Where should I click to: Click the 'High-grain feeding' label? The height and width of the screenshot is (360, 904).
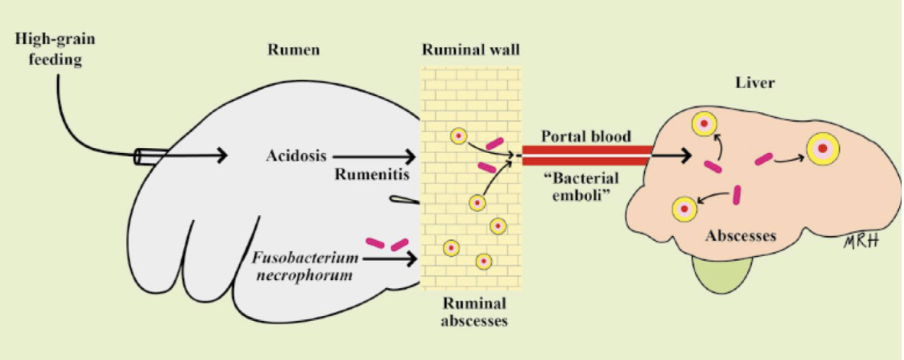tap(48, 49)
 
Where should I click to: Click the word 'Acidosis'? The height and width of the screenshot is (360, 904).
tap(295, 154)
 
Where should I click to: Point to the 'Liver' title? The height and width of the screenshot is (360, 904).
tap(754, 82)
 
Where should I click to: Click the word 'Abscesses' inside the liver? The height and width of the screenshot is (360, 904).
tap(741, 237)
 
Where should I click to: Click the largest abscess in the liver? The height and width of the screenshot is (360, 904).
tap(822, 148)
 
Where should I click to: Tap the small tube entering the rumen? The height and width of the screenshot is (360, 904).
tap(151, 156)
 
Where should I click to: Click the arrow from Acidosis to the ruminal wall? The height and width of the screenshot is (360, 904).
tap(376, 155)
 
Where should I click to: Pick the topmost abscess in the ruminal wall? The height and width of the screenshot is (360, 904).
tap(458, 136)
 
